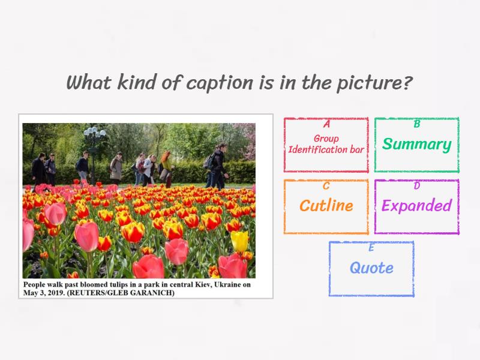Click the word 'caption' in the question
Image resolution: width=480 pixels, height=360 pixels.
coord(221,83)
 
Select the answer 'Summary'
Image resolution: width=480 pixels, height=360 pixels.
coord(416,145)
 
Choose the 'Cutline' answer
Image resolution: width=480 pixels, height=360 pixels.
coord(326,206)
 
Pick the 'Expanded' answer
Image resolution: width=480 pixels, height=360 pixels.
coord(416,206)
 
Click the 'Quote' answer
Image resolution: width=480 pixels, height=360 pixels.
coord(371,268)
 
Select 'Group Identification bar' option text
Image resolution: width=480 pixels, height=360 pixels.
coord(326,144)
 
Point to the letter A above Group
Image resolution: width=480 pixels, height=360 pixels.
coord(326,125)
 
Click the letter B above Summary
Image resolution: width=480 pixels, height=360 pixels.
coord(417,125)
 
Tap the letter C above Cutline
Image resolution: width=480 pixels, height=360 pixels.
coord(326,186)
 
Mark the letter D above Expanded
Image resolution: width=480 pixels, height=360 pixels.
coord(417,186)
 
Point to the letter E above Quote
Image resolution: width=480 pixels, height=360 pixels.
coord(371,248)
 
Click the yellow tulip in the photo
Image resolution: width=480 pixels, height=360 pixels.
coord(239,241)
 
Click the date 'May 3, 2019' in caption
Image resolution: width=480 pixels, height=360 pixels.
coord(44,293)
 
